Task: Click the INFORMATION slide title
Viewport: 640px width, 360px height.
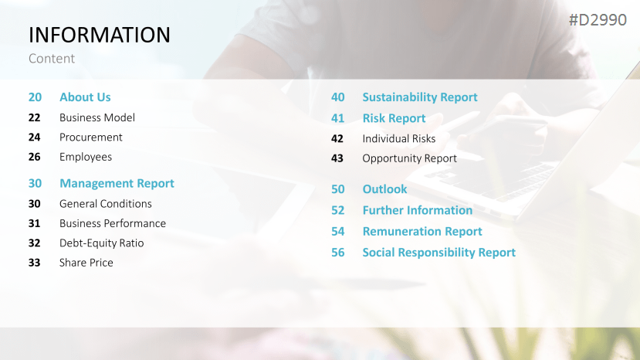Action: pos(99,35)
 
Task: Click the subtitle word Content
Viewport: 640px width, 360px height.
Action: pos(52,59)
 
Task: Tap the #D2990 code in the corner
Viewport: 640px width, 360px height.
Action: pos(598,20)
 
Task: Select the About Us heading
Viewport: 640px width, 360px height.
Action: pos(85,97)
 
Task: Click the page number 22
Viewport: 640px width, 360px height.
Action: pos(34,117)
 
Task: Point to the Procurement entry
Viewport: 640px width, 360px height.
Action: pos(90,138)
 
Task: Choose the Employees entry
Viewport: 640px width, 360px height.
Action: pos(86,158)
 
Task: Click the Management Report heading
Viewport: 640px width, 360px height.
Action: pos(117,183)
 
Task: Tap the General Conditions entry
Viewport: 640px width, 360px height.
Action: pos(106,203)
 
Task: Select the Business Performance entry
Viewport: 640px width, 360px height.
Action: pos(113,223)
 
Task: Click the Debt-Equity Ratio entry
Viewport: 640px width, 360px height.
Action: pos(102,243)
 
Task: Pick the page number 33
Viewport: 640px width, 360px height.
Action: pos(34,263)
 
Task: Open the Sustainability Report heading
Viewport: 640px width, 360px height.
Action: pos(420,97)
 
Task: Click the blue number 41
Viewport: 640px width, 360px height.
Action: pos(337,118)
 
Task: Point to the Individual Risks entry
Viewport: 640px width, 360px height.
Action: pos(399,138)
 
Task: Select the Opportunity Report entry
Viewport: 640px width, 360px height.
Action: pos(409,158)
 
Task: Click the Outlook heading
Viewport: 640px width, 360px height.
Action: pos(384,189)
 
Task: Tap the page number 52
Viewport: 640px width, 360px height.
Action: pos(337,210)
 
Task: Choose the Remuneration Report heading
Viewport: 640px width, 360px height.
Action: pos(422,231)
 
